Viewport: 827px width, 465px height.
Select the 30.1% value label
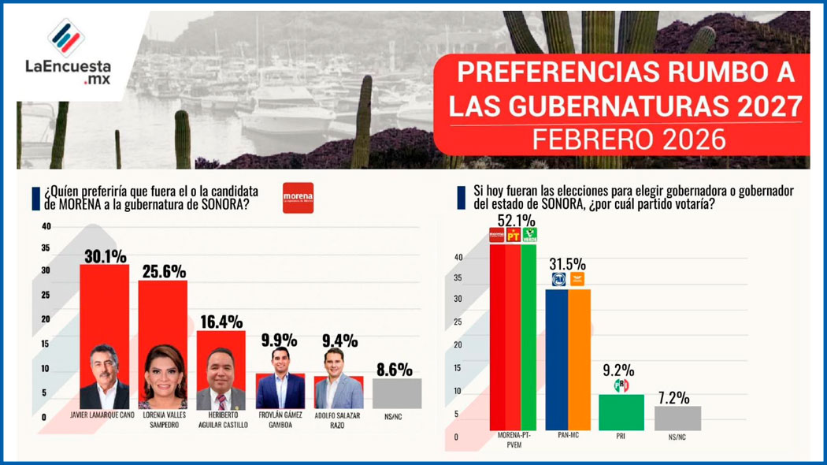[105, 255]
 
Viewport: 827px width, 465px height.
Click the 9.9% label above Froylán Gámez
[280, 340]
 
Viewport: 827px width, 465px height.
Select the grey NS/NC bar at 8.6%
[397, 393]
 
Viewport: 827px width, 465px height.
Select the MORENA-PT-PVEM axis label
[512, 440]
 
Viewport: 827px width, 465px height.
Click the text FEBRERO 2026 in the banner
[628, 139]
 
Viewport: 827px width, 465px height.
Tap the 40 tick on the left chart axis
[46, 227]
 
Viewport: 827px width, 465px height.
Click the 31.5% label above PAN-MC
[568, 264]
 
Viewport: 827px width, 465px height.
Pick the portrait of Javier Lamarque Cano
[104, 377]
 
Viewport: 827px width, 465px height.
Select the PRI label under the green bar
[621, 435]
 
